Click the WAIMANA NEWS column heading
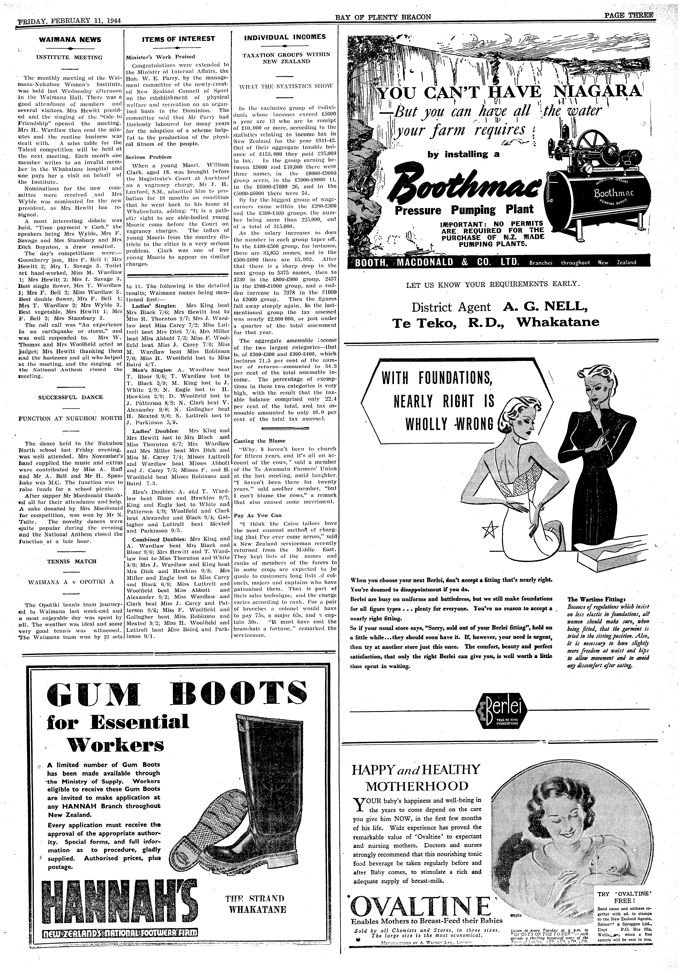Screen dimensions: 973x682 (70, 40)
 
